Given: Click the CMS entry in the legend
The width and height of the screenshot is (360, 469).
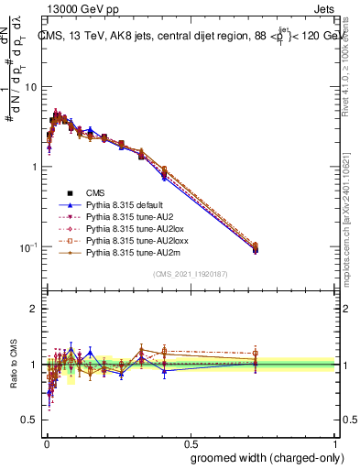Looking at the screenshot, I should tap(95, 192).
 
